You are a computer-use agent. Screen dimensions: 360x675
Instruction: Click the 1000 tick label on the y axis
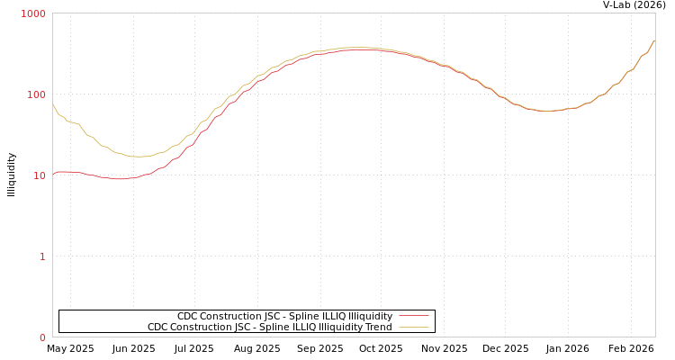33,13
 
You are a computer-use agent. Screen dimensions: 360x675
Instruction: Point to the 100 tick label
36,94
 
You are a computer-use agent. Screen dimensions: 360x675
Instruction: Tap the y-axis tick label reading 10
39,175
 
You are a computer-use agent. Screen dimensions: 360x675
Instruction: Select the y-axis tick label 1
41,256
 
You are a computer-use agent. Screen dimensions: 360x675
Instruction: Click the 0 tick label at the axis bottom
41,337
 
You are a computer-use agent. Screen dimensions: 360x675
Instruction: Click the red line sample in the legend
413,316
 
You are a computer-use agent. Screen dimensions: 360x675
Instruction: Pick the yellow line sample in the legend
413,328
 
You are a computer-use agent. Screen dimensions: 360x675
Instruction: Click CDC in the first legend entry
187,317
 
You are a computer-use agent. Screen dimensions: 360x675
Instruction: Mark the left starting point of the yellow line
53,104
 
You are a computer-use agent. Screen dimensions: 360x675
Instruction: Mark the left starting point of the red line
53,175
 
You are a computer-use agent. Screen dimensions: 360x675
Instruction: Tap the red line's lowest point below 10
119,179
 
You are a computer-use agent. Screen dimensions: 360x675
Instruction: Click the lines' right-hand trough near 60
546,111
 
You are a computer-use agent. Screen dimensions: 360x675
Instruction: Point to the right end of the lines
654,40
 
